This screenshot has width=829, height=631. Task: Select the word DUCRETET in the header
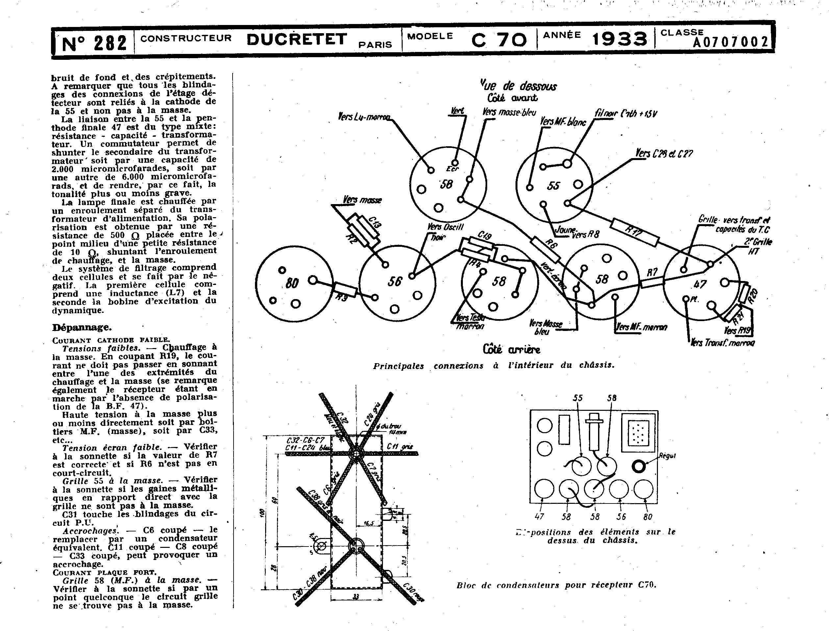pyautogui.click(x=297, y=39)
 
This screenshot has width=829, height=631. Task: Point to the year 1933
pyautogui.click(x=619, y=39)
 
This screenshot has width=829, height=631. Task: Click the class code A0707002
pyautogui.click(x=730, y=42)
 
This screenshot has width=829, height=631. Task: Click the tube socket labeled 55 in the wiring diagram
pyautogui.click(x=554, y=185)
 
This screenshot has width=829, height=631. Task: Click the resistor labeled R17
pyautogui.click(x=634, y=232)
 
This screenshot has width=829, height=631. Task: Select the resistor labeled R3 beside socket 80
pyautogui.click(x=345, y=290)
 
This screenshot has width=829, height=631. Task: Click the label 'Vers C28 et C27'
pyautogui.click(x=664, y=153)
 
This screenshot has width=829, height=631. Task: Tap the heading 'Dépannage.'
pyautogui.click(x=82, y=327)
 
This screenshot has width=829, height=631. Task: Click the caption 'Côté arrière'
pyautogui.click(x=511, y=349)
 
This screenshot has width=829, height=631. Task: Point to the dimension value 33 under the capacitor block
pyautogui.click(x=356, y=596)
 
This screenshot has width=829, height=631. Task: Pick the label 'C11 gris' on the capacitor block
pyautogui.click(x=399, y=447)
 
